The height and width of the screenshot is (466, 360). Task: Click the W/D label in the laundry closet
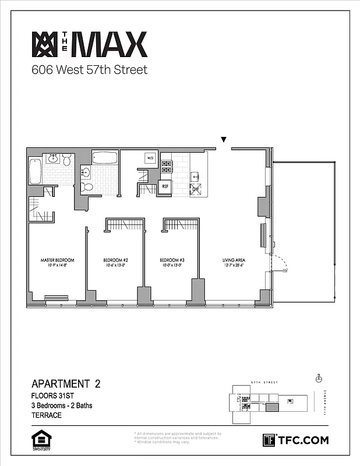(150, 158)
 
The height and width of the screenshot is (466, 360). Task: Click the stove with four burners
(166, 167)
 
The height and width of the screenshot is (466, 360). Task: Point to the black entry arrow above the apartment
(223, 140)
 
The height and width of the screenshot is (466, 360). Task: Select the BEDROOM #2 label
(115, 260)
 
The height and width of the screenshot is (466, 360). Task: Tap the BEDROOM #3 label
(172, 260)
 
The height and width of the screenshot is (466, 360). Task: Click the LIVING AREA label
(232, 260)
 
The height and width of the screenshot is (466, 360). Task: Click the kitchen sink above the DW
(197, 175)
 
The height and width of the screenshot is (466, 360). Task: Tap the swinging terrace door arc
(281, 264)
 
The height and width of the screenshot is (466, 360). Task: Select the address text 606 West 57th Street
(89, 70)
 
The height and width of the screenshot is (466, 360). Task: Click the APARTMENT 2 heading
(66, 384)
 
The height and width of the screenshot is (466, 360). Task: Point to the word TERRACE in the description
(46, 415)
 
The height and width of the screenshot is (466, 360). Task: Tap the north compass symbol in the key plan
(319, 377)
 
